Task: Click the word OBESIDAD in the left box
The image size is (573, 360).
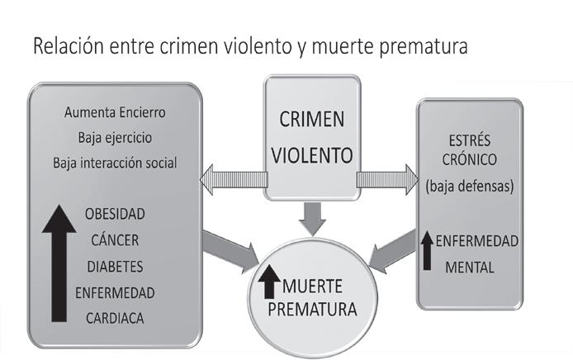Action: pos(114,214)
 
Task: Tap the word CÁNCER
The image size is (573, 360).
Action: pos(114,240)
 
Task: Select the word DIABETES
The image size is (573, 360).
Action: pos(114,267)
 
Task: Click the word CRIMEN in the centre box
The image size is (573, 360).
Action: pos(311,120)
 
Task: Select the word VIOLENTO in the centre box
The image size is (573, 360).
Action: pos(311,154)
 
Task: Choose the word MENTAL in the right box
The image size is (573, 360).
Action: pos(468,267)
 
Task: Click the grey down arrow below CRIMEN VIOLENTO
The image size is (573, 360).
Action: pos(312,216)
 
